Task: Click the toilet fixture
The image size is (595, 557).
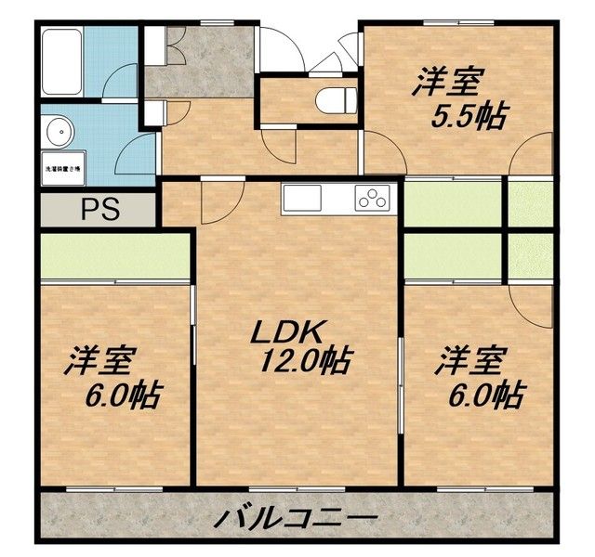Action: coord(332,97)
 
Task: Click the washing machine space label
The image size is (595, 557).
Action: coord(62,169)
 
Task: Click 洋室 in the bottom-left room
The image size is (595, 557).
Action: coord(100,361)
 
